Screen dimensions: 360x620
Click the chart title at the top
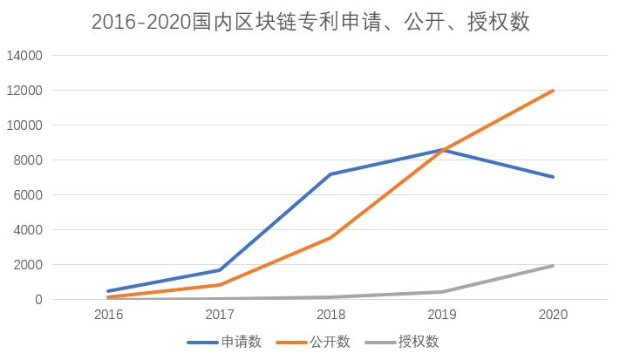coord(310,22)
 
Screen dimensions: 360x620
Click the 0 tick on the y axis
coord(39,300)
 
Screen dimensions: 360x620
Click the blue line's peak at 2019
coord(442,150)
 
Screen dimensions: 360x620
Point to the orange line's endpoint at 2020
coord(553,91)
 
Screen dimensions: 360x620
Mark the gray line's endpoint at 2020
coord(553,266)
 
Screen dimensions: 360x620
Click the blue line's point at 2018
coord(330,174)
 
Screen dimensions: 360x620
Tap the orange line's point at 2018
coord(330,237)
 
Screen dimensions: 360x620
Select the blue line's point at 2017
coord(220,270)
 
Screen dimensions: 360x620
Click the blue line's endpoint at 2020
coord(553,177)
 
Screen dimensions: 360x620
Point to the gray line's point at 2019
coord(442,292)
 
